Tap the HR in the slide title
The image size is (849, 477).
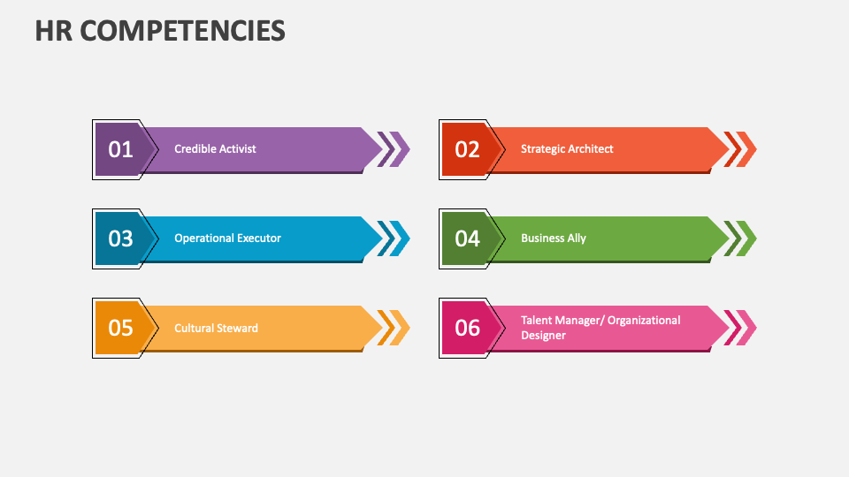pos(56,31)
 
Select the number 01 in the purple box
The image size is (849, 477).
pos(120,149)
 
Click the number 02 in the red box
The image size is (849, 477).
pos(467,149)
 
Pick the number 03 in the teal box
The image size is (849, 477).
pos(120,238)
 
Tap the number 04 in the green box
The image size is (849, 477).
pos(467,238)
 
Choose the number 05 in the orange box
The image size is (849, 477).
pos(120,328)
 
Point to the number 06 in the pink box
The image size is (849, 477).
pos(467,328)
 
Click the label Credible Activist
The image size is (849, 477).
pos(215,148)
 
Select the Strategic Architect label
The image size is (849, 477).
pos(567,148)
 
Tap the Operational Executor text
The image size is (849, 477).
pos(227,238)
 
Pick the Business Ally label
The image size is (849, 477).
pos(553,238)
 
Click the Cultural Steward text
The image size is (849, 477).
pos(216,328)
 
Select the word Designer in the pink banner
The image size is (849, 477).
pos(543,336)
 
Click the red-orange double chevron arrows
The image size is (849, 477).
pos(740,148)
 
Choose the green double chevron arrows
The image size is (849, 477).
pos(740,238)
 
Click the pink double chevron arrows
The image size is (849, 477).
pos(740,328)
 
